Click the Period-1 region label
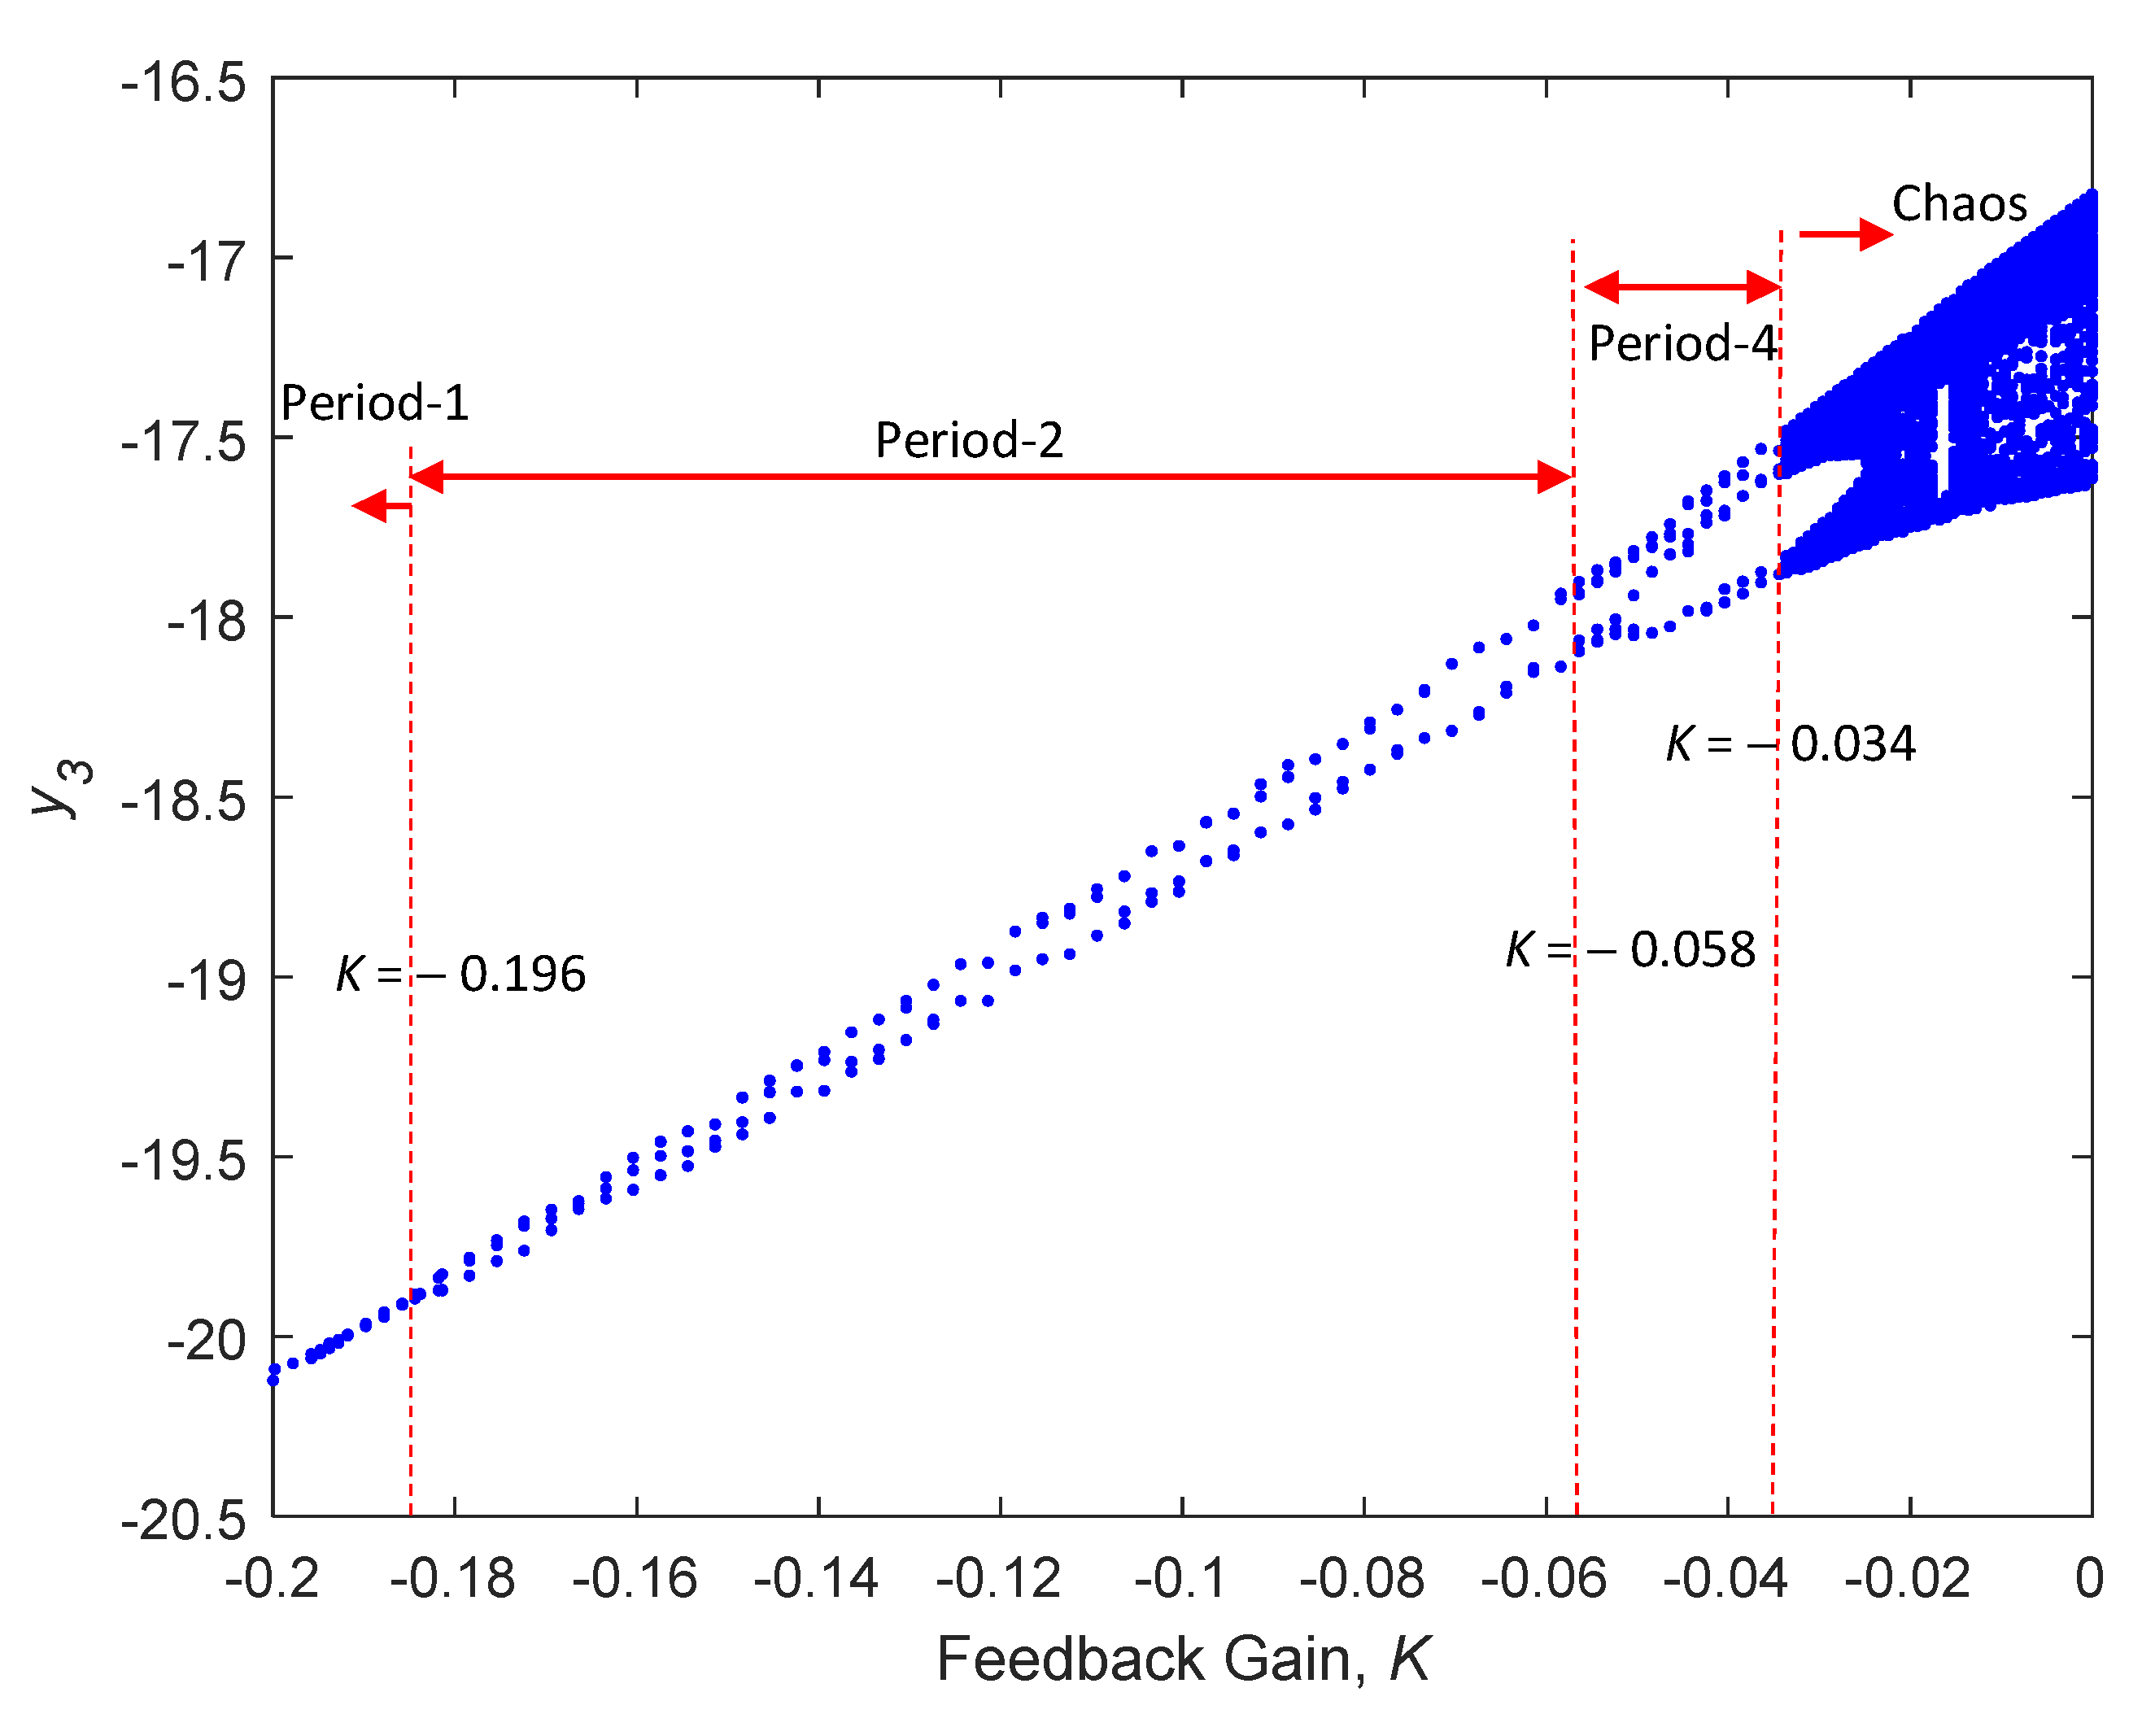pyautogui.click(x=374, y=403)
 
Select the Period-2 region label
pyautogui.click(x=969, y=440)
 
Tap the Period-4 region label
pyautogui.click(x=1681, y=345)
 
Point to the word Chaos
pyautogui.click(x=1958, y=205)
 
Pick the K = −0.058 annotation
pyautogui.click(x=1630, y=951)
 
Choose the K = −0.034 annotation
pyautogui.click(x=1791, y=744)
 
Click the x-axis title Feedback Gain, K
pyautogui.click(x=1182, y=1659)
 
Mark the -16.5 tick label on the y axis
pyautogui.click(x=184, y=82)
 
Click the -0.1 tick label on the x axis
pyautogui.click(x=1180, y=1579)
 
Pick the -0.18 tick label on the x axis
pyautogui.click(x=453, y=1579)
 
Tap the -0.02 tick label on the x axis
pyautogui.click(x=1908, y=1579)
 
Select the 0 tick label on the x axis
pyautogui.click(x=2088, y=1579)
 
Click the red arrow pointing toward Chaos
pyautogui.click(x=1845, y=234)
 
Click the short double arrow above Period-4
pyautogui.click(x=1681, y=287)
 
